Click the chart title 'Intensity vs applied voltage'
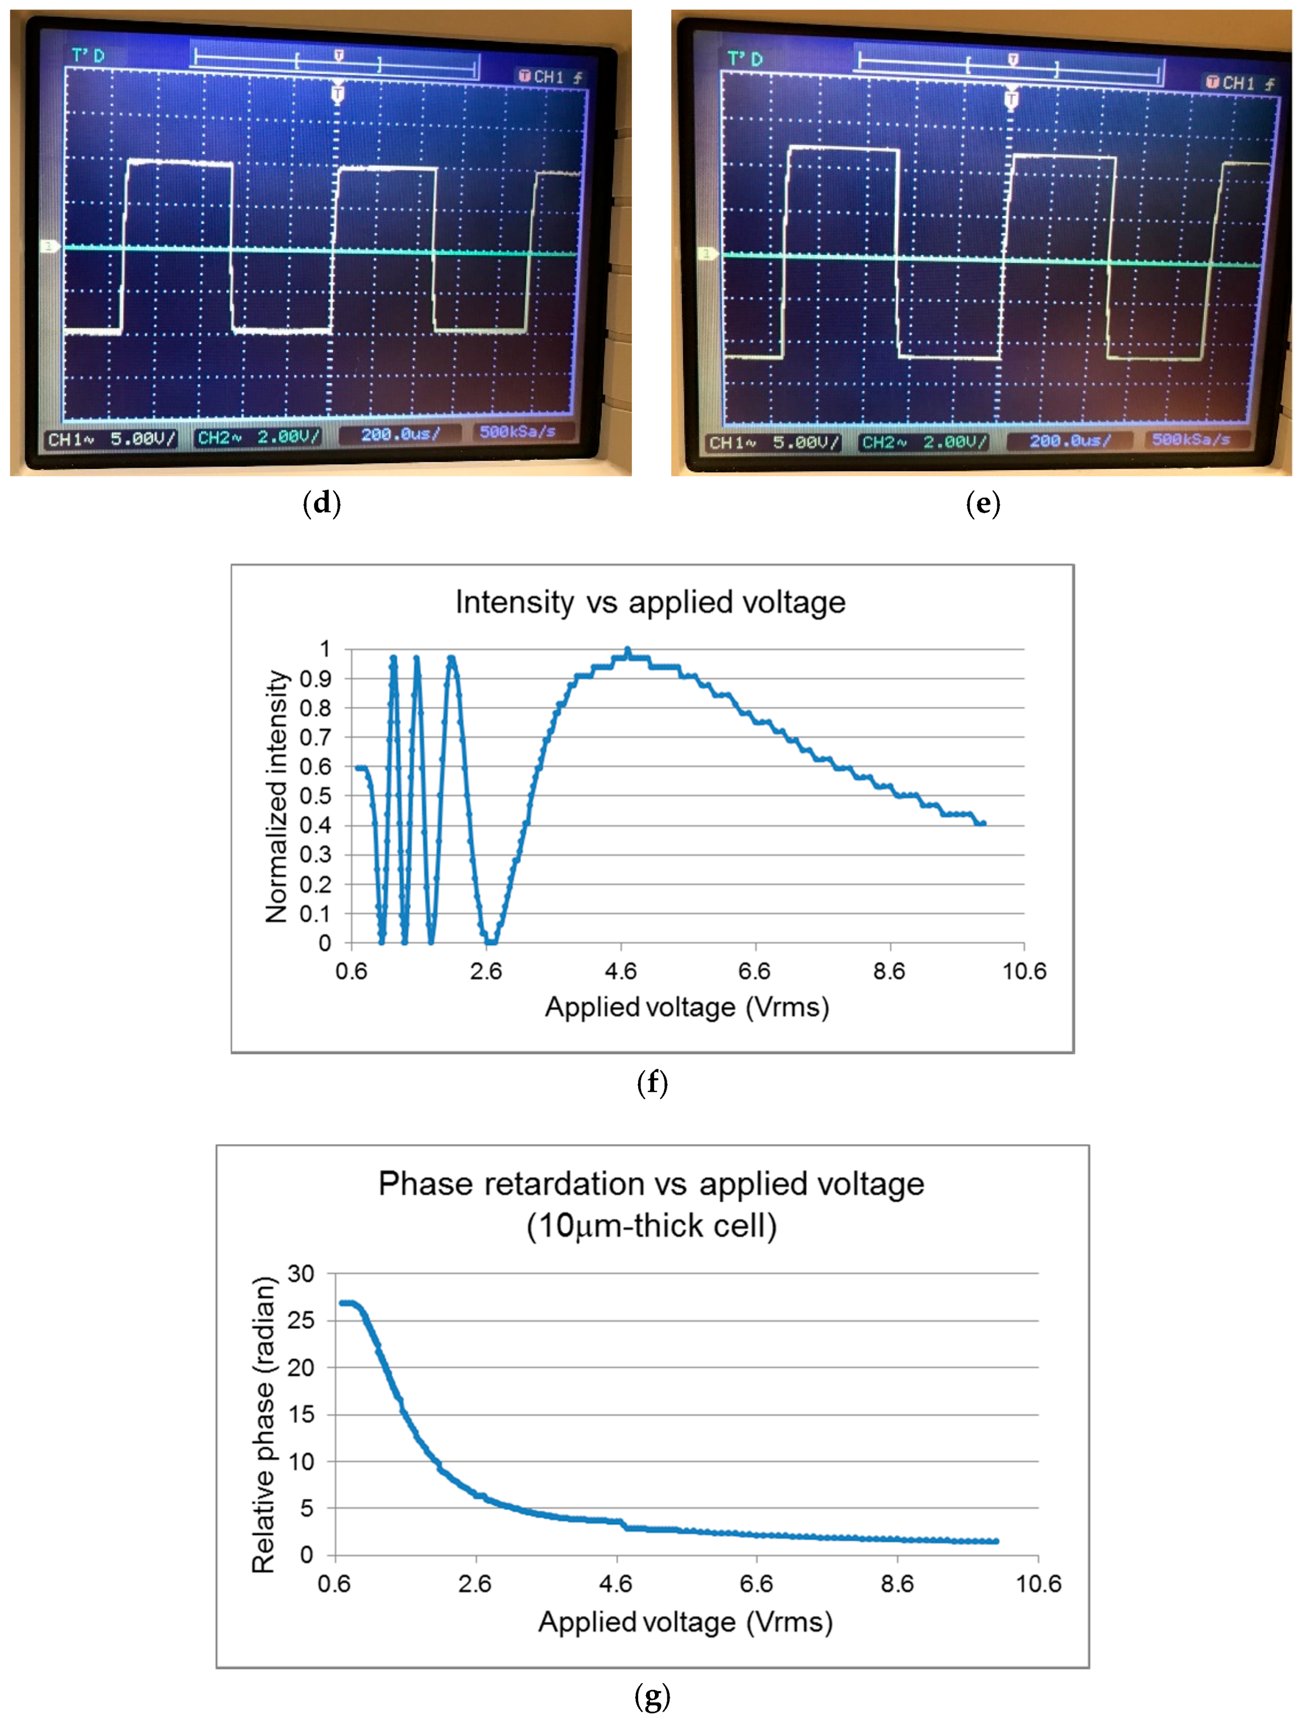tap(650, 603)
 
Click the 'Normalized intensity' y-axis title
tap(277, 796)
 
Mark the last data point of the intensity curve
tap(983, 823)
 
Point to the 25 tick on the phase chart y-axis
tap(301, 1320)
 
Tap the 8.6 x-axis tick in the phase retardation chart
tap(897, 1583)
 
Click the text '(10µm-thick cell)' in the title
tap(652, 1226)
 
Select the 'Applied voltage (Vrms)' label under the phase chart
tap(685, 1622)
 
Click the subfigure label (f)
tap(652, 1082)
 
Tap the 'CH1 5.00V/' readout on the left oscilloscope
tap(110, 439)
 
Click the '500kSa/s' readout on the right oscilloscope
tap(1191, 439)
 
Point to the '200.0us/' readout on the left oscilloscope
tap(399, 434)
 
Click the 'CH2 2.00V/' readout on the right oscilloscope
tap(924, 442)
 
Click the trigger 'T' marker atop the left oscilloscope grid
tap(337, 94)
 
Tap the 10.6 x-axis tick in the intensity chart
tap(1023, 971)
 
